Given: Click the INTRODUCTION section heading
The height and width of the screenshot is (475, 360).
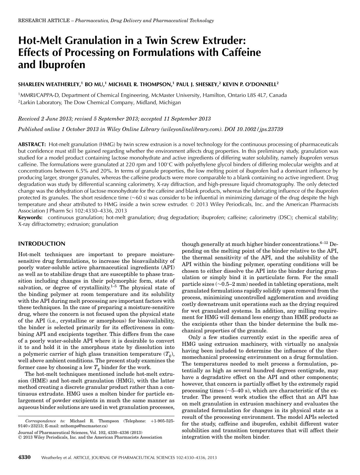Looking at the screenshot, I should coord(42,244).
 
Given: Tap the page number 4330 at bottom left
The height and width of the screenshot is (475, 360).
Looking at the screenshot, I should coord(24,457).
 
